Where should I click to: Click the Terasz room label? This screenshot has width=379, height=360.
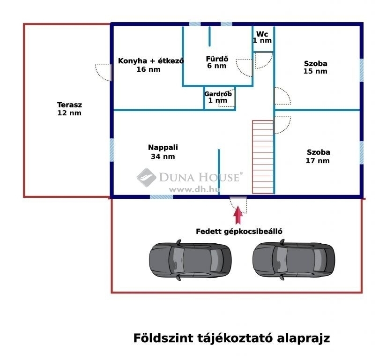pyautogui.click(x=69, y=105)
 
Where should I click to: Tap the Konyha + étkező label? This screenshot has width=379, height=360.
pyautogui.click(x=151, y=61)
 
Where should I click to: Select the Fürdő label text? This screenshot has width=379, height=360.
pyautogui.click(x=217, y=59)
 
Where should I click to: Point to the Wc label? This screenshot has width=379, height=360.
pyautogui.click(x=262, y=34)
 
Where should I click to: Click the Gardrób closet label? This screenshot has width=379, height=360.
pyautogui.click(x=218, y=94)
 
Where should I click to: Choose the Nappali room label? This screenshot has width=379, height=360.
pyautogui.click(x=163, y=148)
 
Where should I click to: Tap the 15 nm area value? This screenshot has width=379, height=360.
pyautogui.click(x=315, y=71)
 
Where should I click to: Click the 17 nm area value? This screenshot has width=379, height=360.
pyautogui.click(x=318, y=161)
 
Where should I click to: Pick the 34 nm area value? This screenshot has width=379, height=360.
pyautogui.click(x=163, y=157)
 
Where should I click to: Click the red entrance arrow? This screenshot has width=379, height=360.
pyautogui.click(x=238, y=215)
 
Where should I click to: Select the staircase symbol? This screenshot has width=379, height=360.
pyautogui.click(x=263, y=157)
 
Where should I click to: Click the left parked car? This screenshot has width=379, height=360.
pyautogui.click(x=190, y=260)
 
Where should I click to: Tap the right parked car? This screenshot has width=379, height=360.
pyautogui.click(x=294, y=260)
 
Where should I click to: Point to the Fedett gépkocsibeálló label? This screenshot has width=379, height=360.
pyautogui.click(x=239, y=232)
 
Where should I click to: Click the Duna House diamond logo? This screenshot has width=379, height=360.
pyautogui.click(x=147, y=178)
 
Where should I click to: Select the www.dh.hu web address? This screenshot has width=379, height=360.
pyautogui.click(x=195, y=189)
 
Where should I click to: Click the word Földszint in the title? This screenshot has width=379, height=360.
pyautogui.click(x=163, y=338)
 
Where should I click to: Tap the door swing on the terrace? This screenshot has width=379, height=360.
pyautogui.click(x=103, y=72)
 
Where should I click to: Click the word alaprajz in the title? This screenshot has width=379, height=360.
pyautogui.click(x=304, y=338)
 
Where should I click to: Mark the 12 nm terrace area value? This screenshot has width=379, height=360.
pyautogui.click(x=69, y=113)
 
